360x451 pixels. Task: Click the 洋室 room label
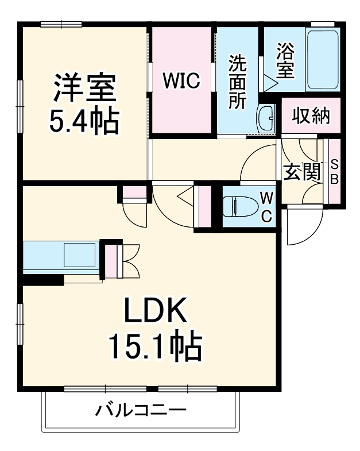(x=86, y=88)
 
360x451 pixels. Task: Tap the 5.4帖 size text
(x=86, y=120)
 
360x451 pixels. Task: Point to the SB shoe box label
(x=334, y=171)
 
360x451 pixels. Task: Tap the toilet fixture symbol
(x=238, y=206)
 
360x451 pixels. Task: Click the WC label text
(x=267, y=207)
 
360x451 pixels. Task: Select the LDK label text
(x=154, y=313)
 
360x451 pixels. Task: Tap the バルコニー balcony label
(x=141, y=411)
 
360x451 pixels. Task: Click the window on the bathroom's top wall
(x=323, y=24)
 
